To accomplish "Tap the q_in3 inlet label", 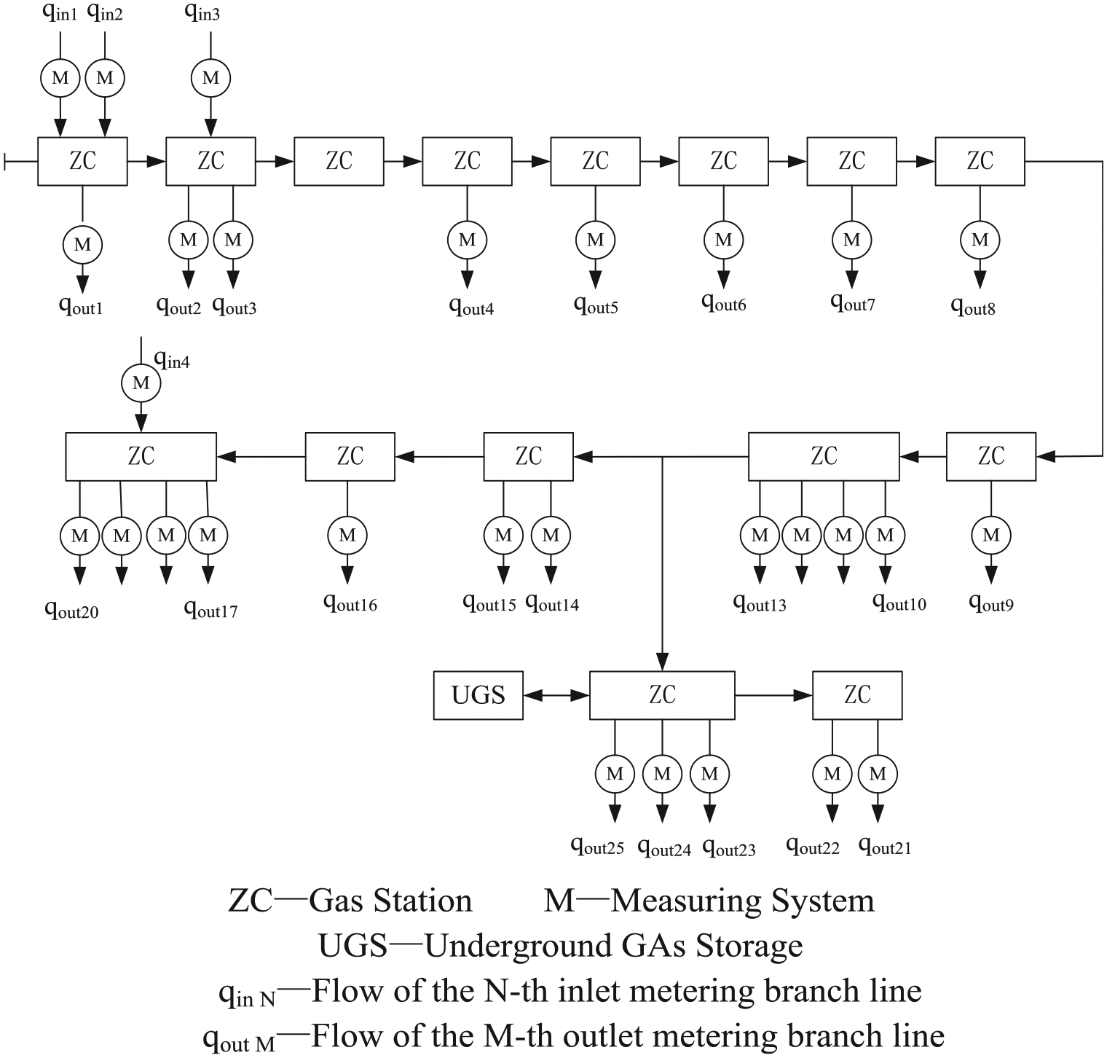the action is pos(202,12).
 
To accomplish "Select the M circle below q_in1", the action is pos(60,78).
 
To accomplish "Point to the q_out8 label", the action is pos(973,306).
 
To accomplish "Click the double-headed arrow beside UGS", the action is pos(556,696).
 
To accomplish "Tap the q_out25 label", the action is pos(597,846).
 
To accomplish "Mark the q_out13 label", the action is pos(760,603).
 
